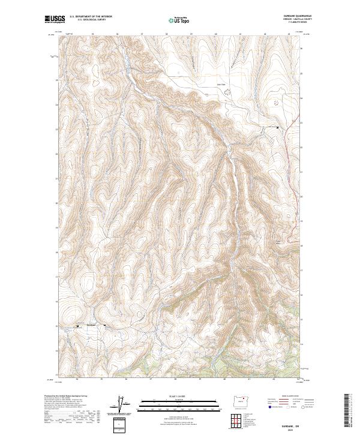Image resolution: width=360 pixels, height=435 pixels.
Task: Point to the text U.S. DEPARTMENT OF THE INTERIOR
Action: pos(91,17)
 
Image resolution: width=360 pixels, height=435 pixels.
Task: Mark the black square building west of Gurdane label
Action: pos(77,326)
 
